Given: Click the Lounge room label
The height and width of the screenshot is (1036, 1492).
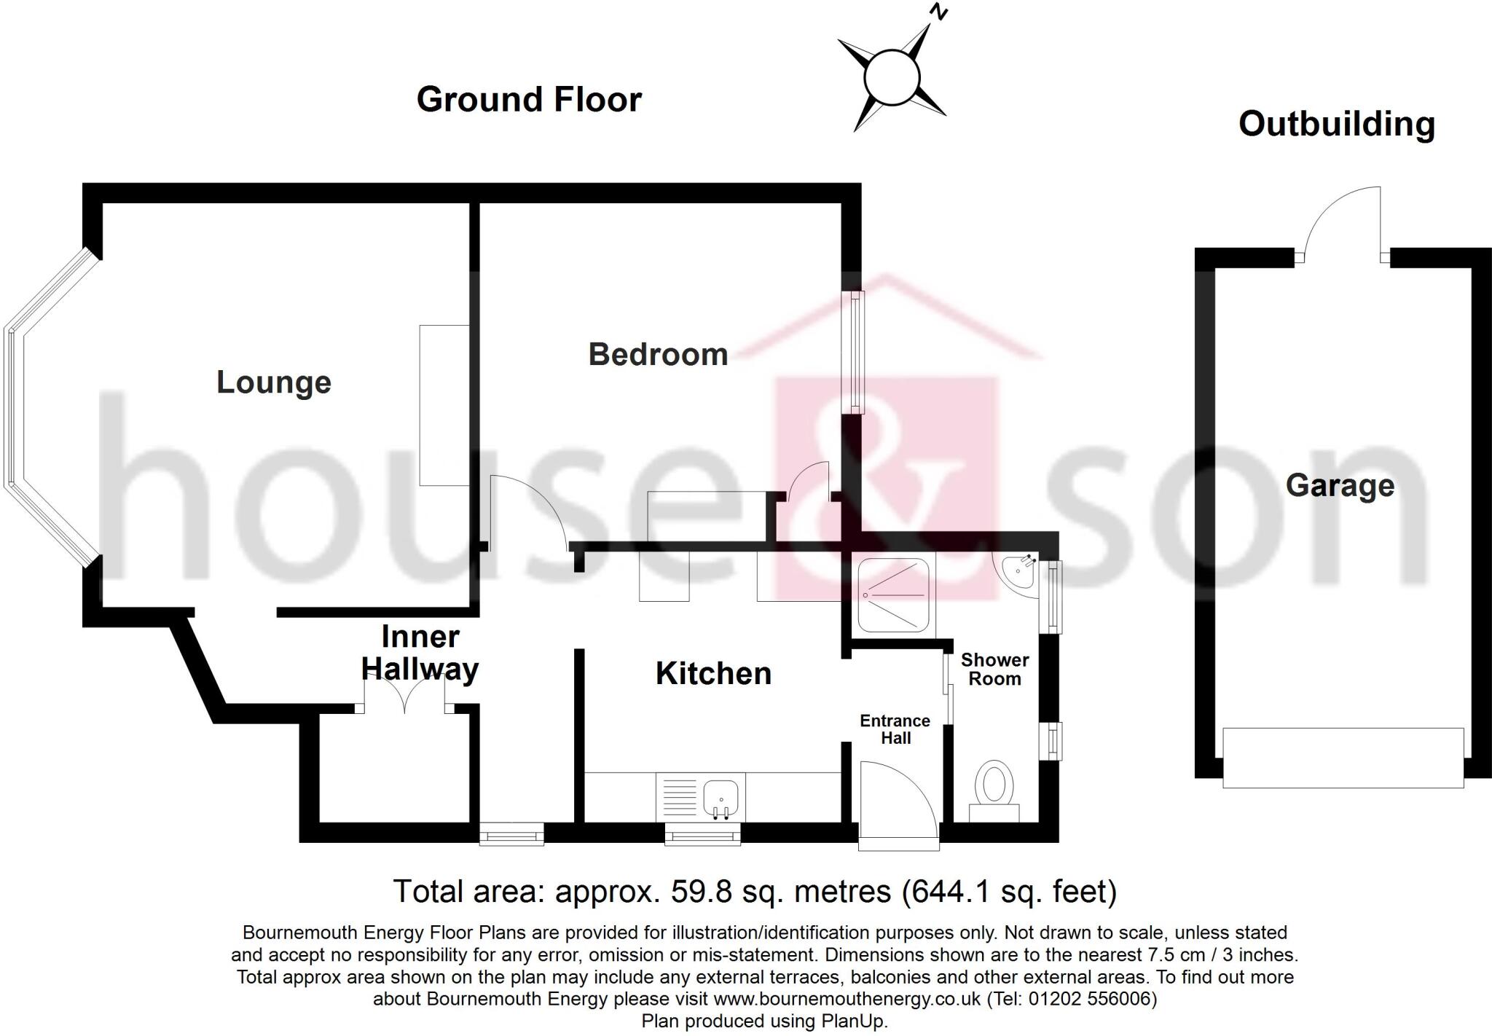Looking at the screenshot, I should [274, 382].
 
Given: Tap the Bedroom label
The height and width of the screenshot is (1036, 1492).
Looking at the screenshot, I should [658, 355].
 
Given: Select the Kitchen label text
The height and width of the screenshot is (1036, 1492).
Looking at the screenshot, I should [713, 673].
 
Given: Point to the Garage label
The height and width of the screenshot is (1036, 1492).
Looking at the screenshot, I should [1340, 485].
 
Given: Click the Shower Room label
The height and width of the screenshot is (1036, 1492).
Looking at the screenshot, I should [994, 669].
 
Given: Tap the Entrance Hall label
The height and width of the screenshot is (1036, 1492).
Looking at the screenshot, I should [895, 729].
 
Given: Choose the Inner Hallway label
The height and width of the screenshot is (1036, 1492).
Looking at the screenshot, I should [420, 652].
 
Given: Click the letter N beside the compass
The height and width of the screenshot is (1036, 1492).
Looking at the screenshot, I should [940, 12].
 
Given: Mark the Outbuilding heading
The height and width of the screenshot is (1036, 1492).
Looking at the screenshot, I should [1336, 124].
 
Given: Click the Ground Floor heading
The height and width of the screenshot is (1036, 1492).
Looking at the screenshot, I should [529, 100].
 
